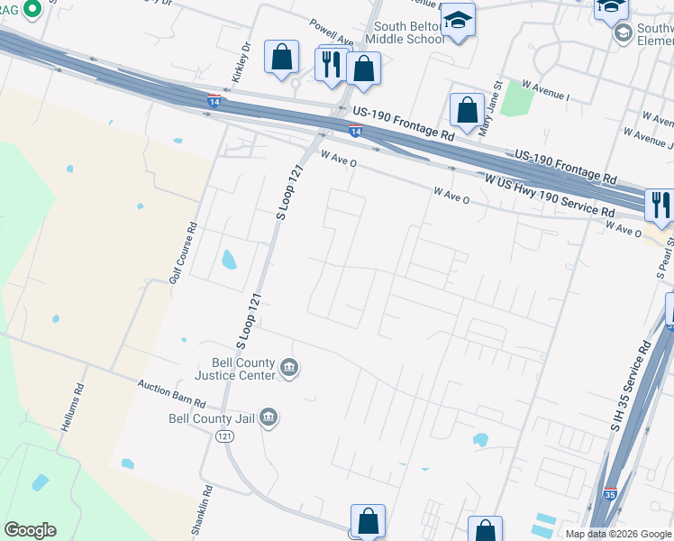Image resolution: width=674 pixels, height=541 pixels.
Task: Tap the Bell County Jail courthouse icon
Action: pos(269,417)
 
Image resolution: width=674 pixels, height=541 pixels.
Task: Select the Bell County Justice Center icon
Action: pos(289,368)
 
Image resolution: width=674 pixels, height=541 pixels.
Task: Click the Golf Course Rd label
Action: pos(184,254)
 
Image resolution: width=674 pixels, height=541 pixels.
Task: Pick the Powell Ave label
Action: pos(331,32)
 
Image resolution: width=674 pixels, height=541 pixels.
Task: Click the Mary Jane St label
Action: pos(496,98)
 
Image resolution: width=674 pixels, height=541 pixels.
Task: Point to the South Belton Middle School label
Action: pos(408,33)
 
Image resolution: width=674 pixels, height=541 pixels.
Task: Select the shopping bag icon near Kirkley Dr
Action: pos(282,57)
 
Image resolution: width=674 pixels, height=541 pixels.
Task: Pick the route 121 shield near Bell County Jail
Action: pos(224,436)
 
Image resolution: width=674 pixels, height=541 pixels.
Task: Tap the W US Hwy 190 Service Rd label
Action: pos(550,196)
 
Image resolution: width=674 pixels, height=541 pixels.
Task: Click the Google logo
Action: pos(30,530)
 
